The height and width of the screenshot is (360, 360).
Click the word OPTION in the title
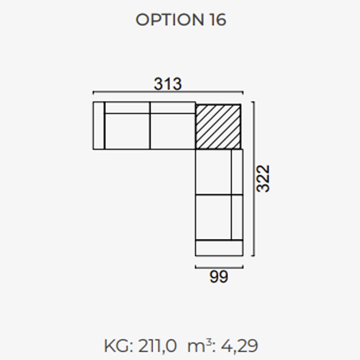point(169,19)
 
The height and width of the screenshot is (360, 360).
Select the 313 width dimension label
point(168,84)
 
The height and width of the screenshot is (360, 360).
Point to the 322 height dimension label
point(263,178)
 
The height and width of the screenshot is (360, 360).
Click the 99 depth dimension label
point(219,276)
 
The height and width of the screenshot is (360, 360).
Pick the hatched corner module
point(218,127)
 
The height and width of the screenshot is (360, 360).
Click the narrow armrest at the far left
point(99,125)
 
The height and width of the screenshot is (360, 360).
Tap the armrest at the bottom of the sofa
point(219,248)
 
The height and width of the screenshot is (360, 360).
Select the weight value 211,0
point(157,346)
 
